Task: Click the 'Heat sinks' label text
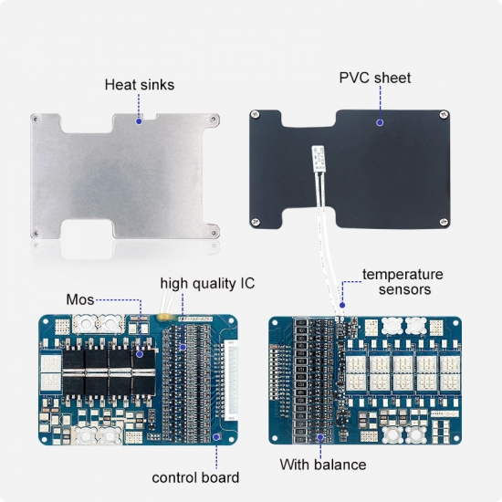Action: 140,85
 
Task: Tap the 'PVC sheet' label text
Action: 375,78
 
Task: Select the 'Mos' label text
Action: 80,299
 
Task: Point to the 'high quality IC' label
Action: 207,284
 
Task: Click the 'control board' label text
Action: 195,477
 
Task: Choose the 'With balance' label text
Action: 323,465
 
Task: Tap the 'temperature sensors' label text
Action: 403,282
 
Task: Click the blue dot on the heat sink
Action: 139,121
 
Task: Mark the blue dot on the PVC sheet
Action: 380,122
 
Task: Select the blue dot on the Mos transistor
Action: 140,354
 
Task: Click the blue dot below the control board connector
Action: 216,436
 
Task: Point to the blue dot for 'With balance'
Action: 320,437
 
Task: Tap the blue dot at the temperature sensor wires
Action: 342,305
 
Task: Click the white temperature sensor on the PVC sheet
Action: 319,159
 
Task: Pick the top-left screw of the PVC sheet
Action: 256,114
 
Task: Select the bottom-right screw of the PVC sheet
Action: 444,222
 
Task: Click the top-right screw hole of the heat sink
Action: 213,119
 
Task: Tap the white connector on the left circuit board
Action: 231,381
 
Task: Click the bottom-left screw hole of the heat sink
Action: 37,233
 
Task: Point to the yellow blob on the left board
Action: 164,317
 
